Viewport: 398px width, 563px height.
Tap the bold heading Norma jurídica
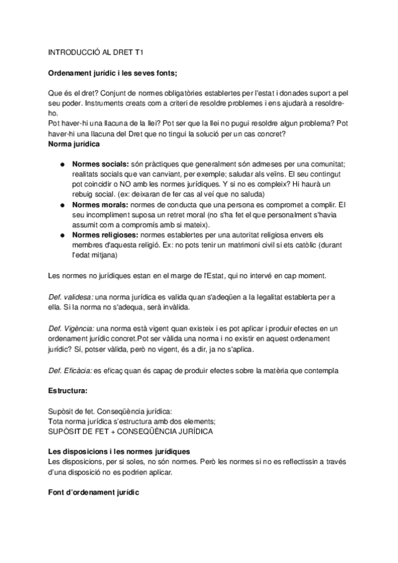point(74,143)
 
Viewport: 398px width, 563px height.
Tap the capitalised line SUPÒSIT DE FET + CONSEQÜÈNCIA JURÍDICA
point(131,431)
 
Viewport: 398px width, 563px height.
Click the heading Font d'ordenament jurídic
point(94,493)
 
